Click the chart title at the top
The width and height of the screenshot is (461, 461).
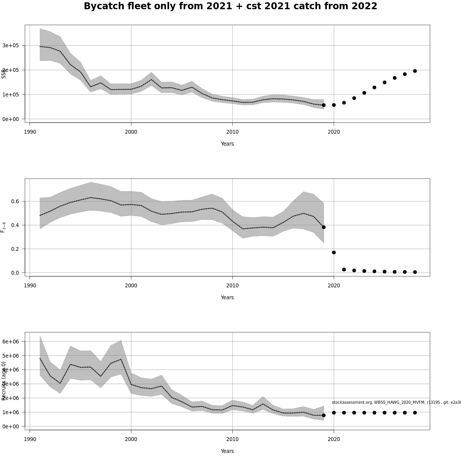pyautogui.click(x=230, y=7)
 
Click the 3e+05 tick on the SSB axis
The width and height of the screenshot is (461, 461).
pyautogui.click(x=10, y=45)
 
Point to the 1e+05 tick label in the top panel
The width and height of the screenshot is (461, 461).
pyautogui.click(x=10, y=95)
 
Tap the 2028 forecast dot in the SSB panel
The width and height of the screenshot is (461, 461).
pyautogui.click(x=415, y=71)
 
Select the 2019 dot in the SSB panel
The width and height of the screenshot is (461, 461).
pyautogui.click(x=323, y=105)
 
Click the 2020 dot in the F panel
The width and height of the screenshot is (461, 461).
pyautogui.click(x=334, y=252)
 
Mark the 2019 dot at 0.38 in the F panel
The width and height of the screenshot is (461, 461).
pyautogui.click(x=323, y=227)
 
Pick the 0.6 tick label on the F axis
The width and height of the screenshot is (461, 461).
pyautogui.click(x=15, y=201)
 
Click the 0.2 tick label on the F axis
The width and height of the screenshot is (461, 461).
pyautogui.click(x=15, y=249)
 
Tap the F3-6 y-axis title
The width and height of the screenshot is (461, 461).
pyautogui.click(x=3, y=227)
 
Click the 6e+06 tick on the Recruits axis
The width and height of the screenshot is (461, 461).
pyautogui.click(x=10, y=342)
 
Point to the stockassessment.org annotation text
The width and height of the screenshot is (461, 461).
pyautogui.click(x=396, y=402)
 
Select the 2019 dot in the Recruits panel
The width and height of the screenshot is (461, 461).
pyautogui.click(x=323, y=415)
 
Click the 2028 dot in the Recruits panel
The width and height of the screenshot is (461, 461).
pyautogui.click(x=415, y=413)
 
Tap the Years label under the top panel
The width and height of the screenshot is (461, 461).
pyautogui.click(x=227, y=144)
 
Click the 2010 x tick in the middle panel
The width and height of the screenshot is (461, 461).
pyautogui.click(x=232, y=285)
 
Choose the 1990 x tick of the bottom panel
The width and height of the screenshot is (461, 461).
pyautogui.click(x=30, y=439)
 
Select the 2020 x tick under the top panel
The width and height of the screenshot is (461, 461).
pyautogui.click(x=334, y=132)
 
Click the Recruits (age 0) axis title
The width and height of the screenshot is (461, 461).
pyautogui.click(x=3, y=381)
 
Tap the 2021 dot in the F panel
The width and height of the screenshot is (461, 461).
pyautogui.click(x=344, y=270)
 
